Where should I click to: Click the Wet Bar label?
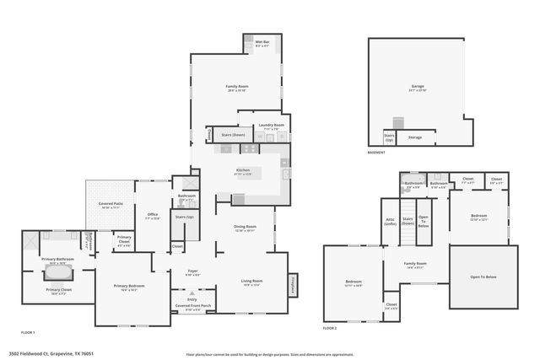coord(262,43)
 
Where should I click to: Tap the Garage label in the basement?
coord(418,87)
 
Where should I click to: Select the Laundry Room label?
coord(272,126)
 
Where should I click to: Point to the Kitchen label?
coord(243,171)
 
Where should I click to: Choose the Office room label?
coord(153,216)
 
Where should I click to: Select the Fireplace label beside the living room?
coord(294,285)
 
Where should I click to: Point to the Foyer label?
coord(192,271)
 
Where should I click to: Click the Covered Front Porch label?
coord(193,306)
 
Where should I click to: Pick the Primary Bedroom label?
coord(129,287)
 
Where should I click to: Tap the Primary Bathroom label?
coord(58,261)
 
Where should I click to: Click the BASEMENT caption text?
coord(376,153)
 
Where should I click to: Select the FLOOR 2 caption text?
coord(329,328)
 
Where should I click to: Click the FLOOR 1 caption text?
coord(28,333)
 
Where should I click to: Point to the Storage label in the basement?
coord(414,137)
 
